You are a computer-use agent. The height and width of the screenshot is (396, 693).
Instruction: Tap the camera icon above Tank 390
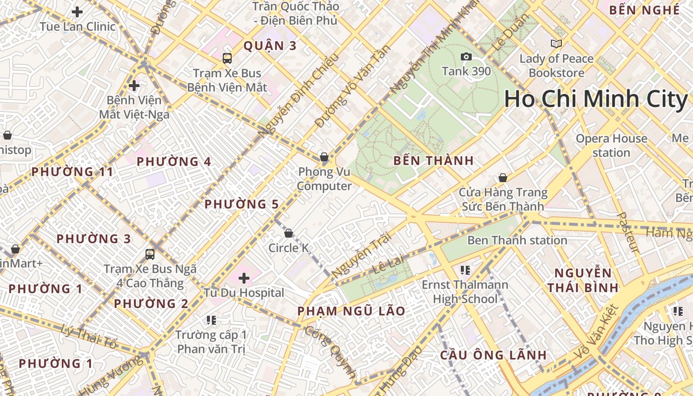[x=466, y=57]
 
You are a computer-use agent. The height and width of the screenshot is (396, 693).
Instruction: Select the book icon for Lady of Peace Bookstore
[x=556, y=44]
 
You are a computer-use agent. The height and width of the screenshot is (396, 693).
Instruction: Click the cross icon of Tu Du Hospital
[x=244, y=278]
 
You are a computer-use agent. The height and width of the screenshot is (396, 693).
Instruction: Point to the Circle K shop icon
[x=289, y=233]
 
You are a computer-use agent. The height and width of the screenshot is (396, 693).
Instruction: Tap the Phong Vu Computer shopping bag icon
[x=324, y=157]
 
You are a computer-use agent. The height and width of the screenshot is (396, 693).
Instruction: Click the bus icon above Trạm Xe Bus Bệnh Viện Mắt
[x=227, y=58]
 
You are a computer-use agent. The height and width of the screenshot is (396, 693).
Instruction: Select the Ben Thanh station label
[x=517, y=241]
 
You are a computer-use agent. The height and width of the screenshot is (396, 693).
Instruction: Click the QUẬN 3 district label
[x=270, y=46]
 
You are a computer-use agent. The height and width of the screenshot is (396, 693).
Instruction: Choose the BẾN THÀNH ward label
[x=434, y=160]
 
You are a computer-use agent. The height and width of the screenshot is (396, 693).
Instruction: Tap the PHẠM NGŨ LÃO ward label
[x=351, y=311]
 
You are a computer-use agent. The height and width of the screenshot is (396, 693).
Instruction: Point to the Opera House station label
[x=611, y=146]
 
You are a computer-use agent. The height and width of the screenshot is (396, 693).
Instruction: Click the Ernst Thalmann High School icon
[x=465, y=270]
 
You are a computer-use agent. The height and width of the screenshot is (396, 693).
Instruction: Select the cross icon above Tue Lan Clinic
[x=77, y=12]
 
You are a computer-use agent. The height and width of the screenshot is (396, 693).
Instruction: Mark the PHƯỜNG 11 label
[x=72, y=172]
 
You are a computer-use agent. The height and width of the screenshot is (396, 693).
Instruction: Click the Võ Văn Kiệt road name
[x=597, y=333]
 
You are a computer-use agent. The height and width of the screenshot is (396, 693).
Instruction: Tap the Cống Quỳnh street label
[x=331, y=353]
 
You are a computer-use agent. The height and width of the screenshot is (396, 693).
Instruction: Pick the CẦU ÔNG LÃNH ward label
[x=494, y=355]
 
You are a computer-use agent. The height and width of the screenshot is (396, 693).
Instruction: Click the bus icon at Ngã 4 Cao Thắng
[x=150, y=254]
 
